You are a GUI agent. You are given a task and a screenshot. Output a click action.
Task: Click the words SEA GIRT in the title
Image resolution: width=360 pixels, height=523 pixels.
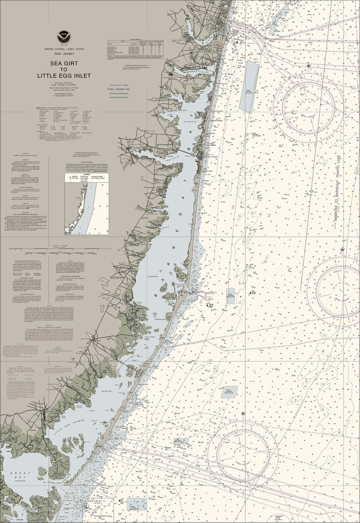tap(64, 63)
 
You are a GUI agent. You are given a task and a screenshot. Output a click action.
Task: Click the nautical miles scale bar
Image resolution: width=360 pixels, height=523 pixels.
tap(64, 252)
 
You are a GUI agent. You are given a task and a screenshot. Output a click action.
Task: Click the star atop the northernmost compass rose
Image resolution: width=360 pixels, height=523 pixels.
tap(308, 65)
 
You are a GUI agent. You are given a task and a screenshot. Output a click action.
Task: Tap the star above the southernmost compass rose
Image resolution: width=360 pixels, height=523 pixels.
tap(243, 413)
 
